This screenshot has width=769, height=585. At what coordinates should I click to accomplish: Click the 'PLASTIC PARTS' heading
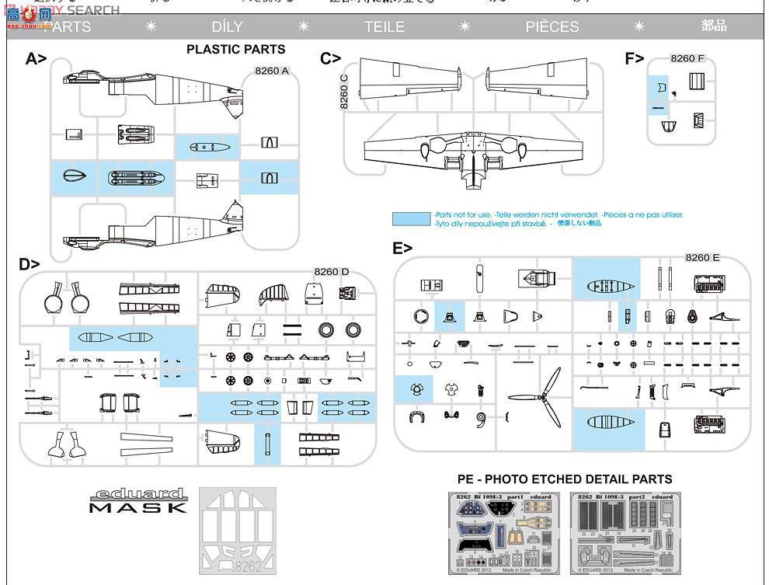tap(235, 49)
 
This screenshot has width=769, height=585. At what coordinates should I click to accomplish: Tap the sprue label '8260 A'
tap(271, 71)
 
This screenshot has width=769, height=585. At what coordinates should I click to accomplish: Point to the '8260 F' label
tap(687, 58)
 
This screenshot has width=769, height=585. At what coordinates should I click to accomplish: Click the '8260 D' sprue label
tap(331, 271)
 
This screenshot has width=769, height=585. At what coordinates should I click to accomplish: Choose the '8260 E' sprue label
tap(701, 257)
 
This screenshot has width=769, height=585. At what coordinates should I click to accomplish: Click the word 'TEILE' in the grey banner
tap(384, 26)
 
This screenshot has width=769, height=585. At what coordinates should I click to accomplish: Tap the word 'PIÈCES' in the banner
tap(552, 26)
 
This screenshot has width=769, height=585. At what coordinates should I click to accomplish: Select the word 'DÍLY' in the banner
tap(227, 26)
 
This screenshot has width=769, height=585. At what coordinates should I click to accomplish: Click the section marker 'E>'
tap(402, 249)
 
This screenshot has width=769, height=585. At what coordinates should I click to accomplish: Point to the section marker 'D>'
tap(30, 264)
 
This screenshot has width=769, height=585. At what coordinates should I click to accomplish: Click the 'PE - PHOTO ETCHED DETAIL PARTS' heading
tap(564, 479)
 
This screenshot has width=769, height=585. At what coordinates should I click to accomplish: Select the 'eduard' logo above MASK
tap(138, 493)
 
